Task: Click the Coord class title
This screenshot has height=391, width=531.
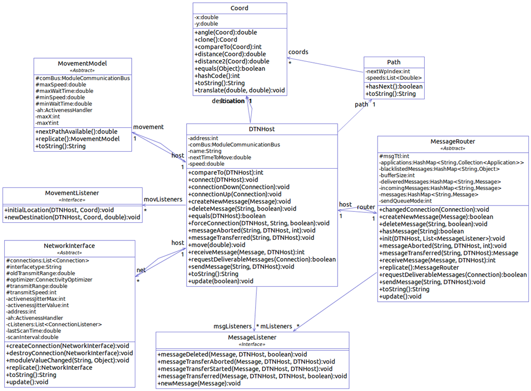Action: (240, 8)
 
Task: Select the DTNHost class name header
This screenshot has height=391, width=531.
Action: (262, 129)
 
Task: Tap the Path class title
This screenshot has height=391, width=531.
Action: (394, 62)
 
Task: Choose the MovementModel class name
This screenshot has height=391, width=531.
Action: (82, 63)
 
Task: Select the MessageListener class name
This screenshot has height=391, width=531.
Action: (252, 337)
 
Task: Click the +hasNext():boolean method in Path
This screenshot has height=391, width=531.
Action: (394, 86)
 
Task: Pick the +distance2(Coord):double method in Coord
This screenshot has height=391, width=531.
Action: (232, 61)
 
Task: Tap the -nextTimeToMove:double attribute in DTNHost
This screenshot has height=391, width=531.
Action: (219, 157)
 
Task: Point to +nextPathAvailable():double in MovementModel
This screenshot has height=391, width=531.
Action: (77, 131)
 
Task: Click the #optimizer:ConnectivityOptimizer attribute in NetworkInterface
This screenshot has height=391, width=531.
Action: (49, 279)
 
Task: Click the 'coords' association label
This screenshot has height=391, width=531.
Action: (298, 52)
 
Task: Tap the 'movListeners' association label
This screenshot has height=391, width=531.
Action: (163, 199)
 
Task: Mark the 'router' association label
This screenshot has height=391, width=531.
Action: (366, 207)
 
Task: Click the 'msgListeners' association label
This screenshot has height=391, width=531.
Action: (233, 326)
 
